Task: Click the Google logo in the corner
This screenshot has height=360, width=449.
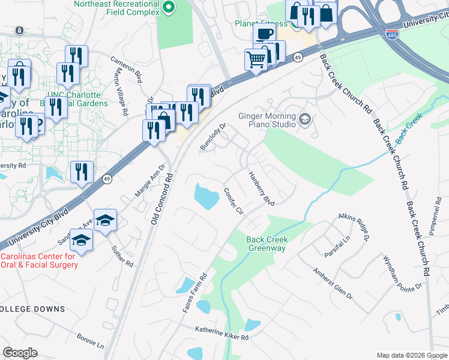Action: pos(20,353)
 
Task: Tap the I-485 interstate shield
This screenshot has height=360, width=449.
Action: pos(392,34)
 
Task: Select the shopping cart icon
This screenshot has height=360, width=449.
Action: pos(256,59)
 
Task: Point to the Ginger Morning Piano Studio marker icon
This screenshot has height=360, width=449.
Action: pos(305,119)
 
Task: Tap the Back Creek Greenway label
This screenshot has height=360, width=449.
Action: pos(268,244)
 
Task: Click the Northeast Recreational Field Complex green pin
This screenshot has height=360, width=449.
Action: pos(169,8)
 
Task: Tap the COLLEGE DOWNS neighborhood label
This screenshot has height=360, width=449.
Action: pos(32,309)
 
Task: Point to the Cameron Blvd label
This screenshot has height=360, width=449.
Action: pos(127,69)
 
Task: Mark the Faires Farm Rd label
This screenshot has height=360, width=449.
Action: pos(195,292)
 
